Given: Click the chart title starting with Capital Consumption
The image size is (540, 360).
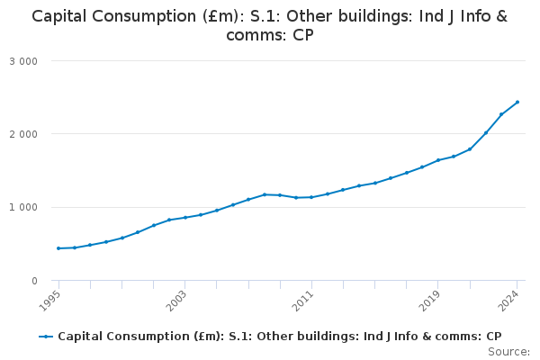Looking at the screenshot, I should pyautogui.click(x=270, y=25).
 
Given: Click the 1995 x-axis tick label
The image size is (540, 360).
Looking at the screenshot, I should pyautogui.click(x=52, y=299).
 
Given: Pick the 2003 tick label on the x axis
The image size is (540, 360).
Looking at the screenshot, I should pyautogui.click(x=178, y=299).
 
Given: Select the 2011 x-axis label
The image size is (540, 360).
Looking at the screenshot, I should pyautogui.click(x=304, y=299).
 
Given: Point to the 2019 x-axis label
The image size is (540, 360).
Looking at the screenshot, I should pyautogui.click(x=431, y=299).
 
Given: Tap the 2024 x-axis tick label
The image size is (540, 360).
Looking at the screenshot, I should pyautogui.click(x=510, y=299).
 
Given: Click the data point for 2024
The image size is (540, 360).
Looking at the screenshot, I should pyautogui.click(x=517, y=102).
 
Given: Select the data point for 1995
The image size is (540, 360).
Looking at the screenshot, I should pyautogui.click(x=58, y=248).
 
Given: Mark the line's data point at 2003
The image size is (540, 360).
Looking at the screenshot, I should pyautogui.click(x=185, y=218).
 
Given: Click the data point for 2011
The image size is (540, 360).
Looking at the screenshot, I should pyautogui.click(x=311, y=197).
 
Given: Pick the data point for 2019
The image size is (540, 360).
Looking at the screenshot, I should pyautogui.click(x=438, y=160).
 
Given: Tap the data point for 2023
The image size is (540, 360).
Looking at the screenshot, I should pyautogui.click(x=501, y=114).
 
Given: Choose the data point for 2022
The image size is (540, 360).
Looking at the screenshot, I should pyautogui.click(x=486, y=133).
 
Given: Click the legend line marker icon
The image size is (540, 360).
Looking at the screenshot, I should pyautogui.click(x=46, y=337).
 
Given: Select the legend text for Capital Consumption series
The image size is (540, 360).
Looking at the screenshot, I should pyautogui.click(x=280, y=337).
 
